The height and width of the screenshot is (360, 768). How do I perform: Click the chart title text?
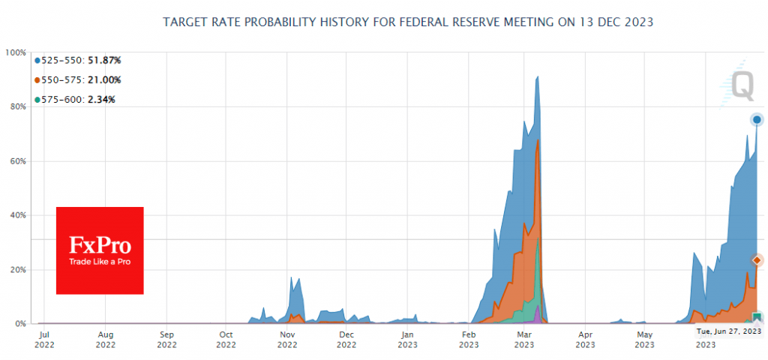pyautogui.click(x=408, y=22)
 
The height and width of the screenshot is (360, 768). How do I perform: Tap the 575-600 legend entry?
pyautogui.click(x=74, y=99)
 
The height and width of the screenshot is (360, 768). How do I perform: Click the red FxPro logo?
pyautogui.click(x=100, y=250)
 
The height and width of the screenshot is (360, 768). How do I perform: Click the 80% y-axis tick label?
pyautogui.click(x=16, y=106)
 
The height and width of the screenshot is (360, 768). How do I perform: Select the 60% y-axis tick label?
pyautogui.click(x=16, y=161)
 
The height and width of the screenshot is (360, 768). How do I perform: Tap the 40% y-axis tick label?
pyautogui.click(x=16, y=215)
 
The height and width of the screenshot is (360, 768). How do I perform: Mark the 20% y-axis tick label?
pyautogui.click(x=16, y=269)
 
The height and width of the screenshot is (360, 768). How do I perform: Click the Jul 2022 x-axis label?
pyautogui.click(x=44, y=339)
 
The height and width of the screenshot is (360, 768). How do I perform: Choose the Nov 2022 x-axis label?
pyautogui.click(x=287, y=339)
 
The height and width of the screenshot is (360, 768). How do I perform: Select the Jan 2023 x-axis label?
pyautogui.click(x=406, y=339)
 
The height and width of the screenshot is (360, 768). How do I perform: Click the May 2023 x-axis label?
pyautogui.click(x=643, y=339)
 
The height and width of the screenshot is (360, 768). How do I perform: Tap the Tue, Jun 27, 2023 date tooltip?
pyautogui.click(x=728, y=331)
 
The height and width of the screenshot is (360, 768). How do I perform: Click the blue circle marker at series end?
pyautogui.click(x=757, y=119)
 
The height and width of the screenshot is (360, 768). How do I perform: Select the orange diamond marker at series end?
pyautogui.click(x=757, y=260)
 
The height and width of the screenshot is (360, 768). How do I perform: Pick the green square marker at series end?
pyautogui.click(x=757, y=317)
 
